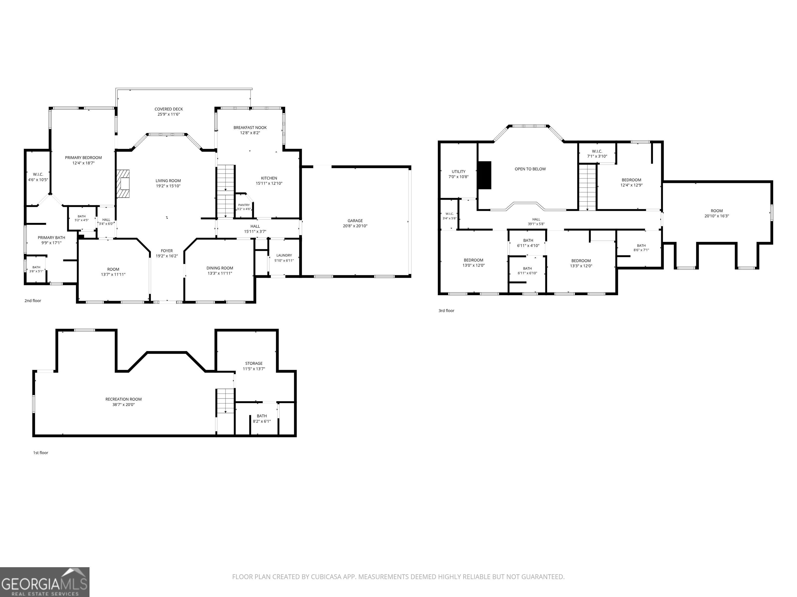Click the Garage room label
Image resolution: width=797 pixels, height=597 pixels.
point(355,221)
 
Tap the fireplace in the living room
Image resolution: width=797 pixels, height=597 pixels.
point(123,183)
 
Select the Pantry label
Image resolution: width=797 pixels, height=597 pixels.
point(244,205)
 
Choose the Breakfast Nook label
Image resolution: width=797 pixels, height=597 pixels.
point(250,127)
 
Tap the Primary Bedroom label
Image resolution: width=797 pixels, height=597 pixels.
point(83,158)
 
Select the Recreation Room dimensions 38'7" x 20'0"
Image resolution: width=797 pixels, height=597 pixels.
point(123,404)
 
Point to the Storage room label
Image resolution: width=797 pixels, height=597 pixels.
point(254,364)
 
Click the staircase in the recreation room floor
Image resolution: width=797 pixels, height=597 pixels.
point(225,401)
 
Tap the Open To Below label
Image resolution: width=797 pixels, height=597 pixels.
point(530,169)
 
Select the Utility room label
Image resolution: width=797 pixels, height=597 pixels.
point(459,172)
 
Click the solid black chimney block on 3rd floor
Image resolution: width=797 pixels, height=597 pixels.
point(484,175)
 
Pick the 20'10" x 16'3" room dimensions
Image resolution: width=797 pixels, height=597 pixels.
point(717,216)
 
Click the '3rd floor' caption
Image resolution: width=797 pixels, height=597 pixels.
point(446,311)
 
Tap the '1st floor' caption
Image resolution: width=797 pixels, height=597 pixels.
point(41,453)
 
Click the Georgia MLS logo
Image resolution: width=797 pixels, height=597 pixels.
point(45,582)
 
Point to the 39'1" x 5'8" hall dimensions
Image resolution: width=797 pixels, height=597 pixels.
point(536,224)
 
